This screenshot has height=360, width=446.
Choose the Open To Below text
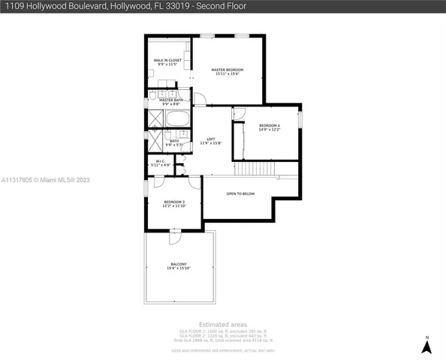tap(240, 193)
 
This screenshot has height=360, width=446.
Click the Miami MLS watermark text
tap(46, 180)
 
